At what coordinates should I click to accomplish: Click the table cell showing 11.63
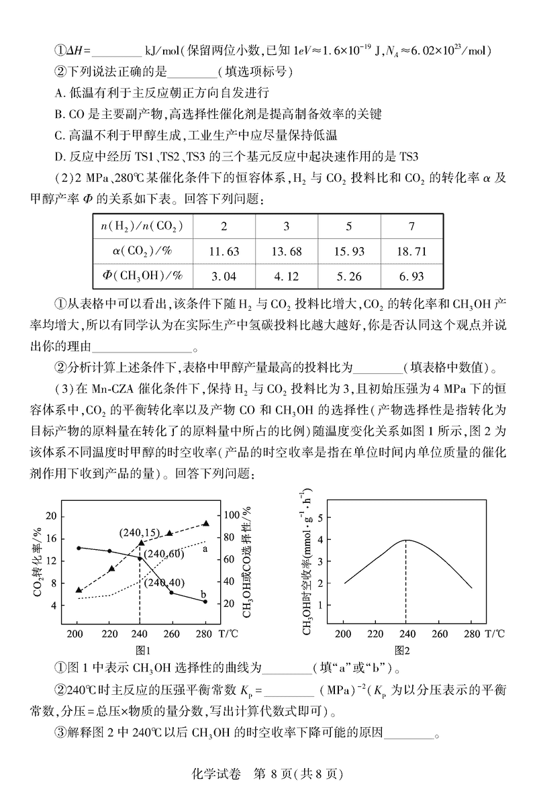coord(224,250)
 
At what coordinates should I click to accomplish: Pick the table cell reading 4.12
coord(287,275)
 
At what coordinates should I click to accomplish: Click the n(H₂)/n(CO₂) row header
coord(142,225)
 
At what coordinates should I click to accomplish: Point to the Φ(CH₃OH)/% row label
coord(142,275)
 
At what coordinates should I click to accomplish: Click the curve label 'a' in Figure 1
coord(204,549)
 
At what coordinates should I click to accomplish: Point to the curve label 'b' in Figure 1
coord(204,595)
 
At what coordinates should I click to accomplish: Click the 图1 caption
coord(142,649)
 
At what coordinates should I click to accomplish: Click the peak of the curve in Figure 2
coord(405,540)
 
